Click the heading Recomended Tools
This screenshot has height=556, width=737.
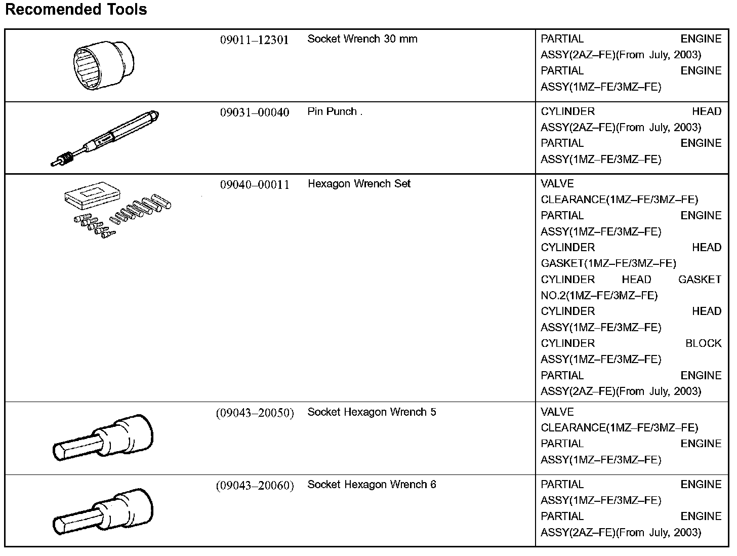click(76, 10)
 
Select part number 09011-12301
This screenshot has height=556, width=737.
click(254, 40)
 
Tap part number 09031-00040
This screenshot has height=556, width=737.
click(254, 112)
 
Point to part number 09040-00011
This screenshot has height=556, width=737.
click(254, 185)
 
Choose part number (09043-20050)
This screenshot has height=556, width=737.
click(255, 413)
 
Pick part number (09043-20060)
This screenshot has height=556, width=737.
click(255, 486)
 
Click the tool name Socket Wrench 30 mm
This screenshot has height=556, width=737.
click(362, 39)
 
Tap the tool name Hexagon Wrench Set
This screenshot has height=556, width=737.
click(359, 184)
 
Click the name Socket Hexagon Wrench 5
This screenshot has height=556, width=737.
click(372, 412)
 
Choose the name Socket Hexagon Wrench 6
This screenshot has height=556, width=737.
click(372, 485)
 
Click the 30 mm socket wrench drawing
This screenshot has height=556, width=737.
click(103, 65)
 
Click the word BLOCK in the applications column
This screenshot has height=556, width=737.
click(703, 343)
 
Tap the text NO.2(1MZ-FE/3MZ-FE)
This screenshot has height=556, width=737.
click(599, 295)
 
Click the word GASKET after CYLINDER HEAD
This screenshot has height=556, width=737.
click(700, 280)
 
